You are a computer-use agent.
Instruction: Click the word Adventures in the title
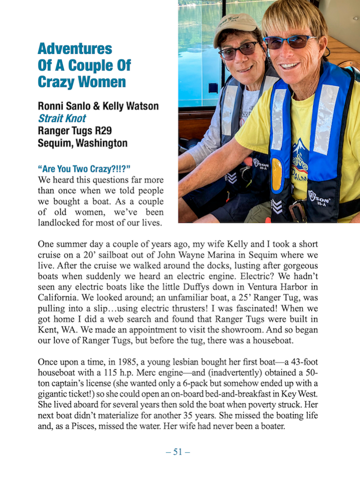[x=75, y=49]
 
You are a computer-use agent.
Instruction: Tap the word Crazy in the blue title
[x=56, y=82]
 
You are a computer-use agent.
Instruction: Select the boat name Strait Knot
[x=62, y=119]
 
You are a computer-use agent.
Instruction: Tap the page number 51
[x=178, y=452]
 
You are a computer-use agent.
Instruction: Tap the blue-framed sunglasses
[x=289, y=42]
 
